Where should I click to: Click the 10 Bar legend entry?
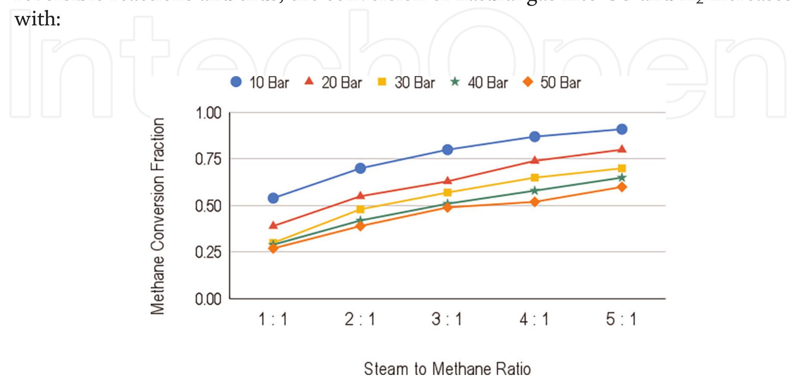[x=260, y=83]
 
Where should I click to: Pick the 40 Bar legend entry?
[x=479, y=83]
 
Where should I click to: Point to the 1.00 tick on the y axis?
[x=208, y=114]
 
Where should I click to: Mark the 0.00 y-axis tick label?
[x=208, y=299]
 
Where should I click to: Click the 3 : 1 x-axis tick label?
[x=447, y=319]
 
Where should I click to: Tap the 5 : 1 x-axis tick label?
[x=621, y=319]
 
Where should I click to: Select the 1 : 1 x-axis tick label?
[x=273, y=319]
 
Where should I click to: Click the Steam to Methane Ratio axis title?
[x=447, y=369]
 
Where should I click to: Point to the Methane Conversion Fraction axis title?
[x=158, y=216]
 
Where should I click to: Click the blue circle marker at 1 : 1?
[x=273, y=198]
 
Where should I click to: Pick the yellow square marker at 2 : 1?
[x=360, y=209]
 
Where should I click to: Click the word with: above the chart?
[x=37, y=19]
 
